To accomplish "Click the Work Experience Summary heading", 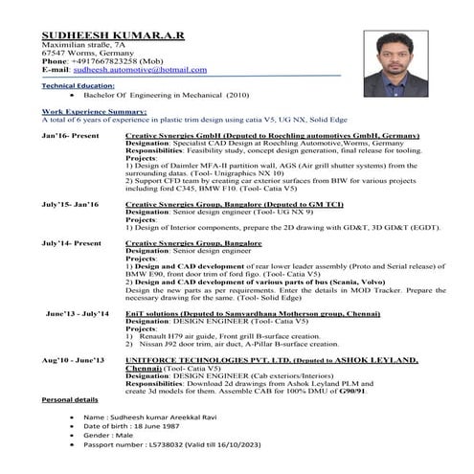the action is tap(94, 112).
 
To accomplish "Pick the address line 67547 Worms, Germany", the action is tap(79, 54).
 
